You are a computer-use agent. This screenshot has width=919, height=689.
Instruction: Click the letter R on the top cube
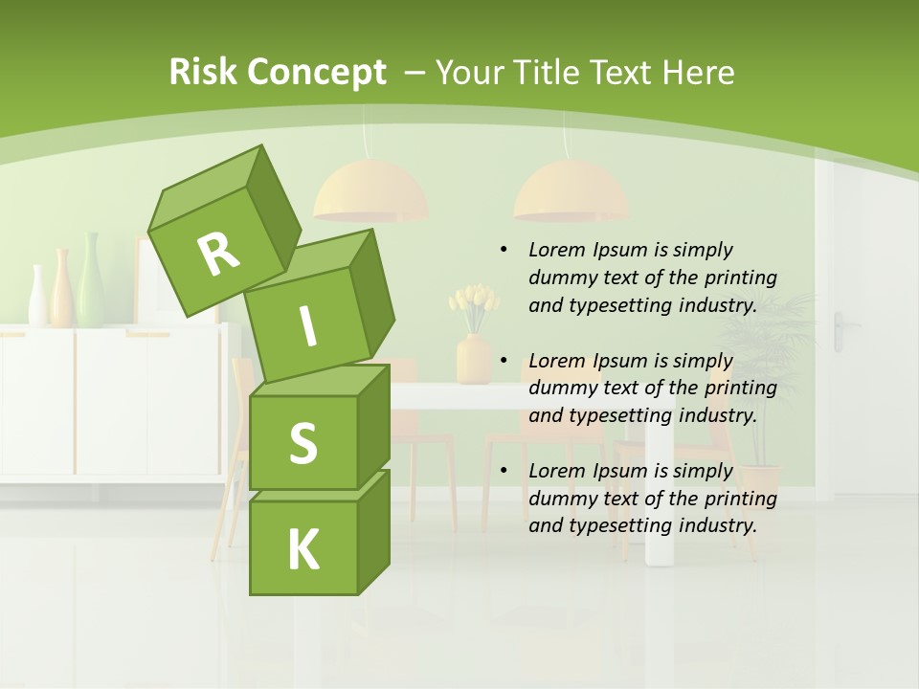click(219, 254)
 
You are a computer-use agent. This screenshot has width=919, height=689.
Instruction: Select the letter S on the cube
click(303, 442)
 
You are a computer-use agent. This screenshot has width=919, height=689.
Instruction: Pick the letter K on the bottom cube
click(303, 549)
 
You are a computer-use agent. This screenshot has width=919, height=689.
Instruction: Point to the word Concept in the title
click(315, 72)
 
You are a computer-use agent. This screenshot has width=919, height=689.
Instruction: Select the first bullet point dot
click(504, 250)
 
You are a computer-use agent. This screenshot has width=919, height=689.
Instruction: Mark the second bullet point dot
click(504, 361)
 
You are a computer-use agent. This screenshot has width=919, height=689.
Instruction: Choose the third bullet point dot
click(504, 471)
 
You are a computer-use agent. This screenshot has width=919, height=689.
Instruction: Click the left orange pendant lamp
click(370, 190)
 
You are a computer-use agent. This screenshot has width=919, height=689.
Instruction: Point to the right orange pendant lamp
click(571, 190)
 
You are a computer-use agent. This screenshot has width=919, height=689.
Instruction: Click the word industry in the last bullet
click(715, 525)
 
